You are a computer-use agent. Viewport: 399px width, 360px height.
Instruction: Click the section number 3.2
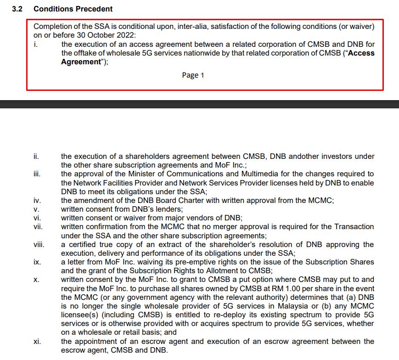pos(18,9)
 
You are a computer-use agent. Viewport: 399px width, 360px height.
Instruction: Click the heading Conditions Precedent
pos(73,9)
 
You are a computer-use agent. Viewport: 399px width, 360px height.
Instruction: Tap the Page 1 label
pos(193,75)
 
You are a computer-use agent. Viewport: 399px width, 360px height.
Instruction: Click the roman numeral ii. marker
pos(36,157)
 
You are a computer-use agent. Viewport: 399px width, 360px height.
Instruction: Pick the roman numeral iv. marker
pos(37,200)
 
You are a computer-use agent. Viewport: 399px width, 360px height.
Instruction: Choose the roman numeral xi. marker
pos(37,342)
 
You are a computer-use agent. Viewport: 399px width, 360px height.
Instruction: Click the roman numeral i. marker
pos(35,44)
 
